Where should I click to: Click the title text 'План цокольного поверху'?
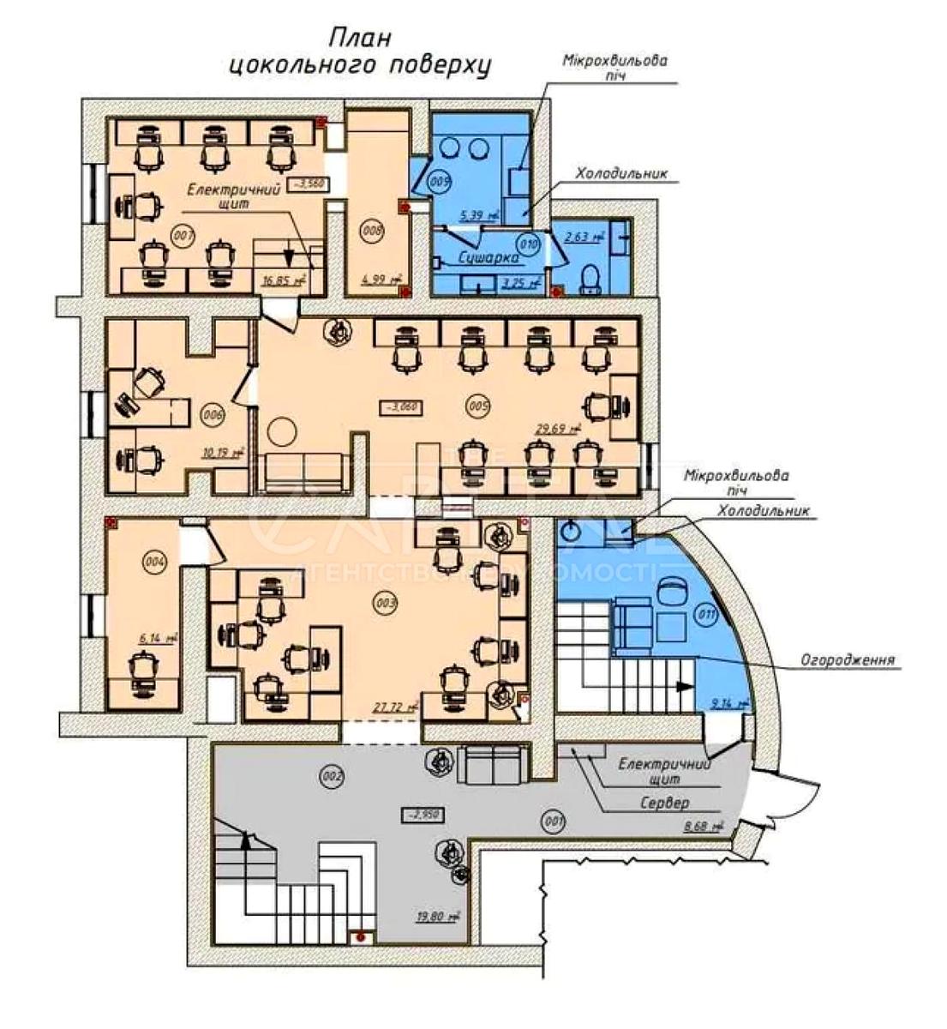point(361,53)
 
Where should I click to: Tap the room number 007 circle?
point(182,234)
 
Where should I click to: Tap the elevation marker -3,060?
point(400,406)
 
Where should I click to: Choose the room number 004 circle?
point(154,563)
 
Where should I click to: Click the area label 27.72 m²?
point(394,707)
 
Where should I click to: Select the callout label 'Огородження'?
point(847,660)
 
